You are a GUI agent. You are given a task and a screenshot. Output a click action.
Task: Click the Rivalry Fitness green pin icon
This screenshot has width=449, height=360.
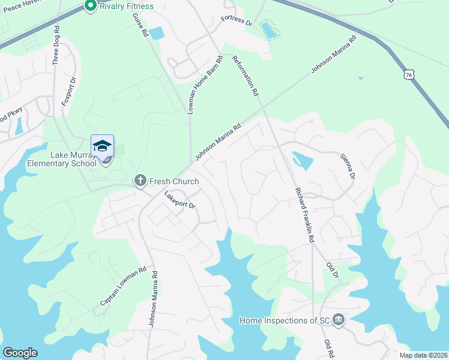[91, 6]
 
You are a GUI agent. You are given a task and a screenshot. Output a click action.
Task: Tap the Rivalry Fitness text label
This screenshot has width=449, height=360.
[127, 6]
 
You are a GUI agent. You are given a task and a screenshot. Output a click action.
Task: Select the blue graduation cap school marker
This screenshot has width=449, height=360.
[102, 146]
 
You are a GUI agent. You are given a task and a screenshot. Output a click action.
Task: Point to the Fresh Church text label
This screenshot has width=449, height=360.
[174, 181]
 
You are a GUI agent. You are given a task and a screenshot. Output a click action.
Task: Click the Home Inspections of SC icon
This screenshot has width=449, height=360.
[339, 320]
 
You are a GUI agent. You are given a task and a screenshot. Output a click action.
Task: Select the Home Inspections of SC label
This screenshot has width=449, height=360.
[285, 320]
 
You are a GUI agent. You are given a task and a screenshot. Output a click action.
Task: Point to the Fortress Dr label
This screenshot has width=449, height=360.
[237, 21]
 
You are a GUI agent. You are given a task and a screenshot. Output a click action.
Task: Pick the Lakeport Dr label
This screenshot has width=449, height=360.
[180, 200]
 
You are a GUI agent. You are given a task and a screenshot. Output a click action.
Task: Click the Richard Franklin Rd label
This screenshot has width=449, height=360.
[304, 214]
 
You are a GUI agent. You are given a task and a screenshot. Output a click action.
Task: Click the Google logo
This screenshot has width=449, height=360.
[20, 353]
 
